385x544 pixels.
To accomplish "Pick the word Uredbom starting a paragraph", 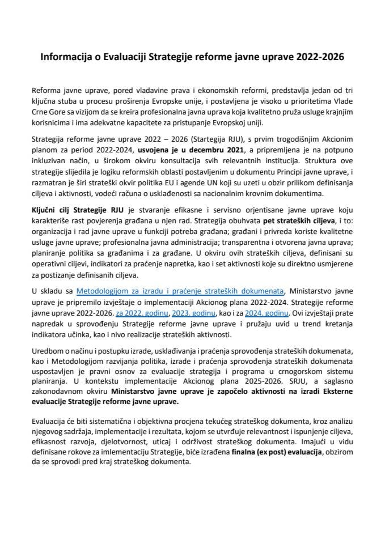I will (48, 356).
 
